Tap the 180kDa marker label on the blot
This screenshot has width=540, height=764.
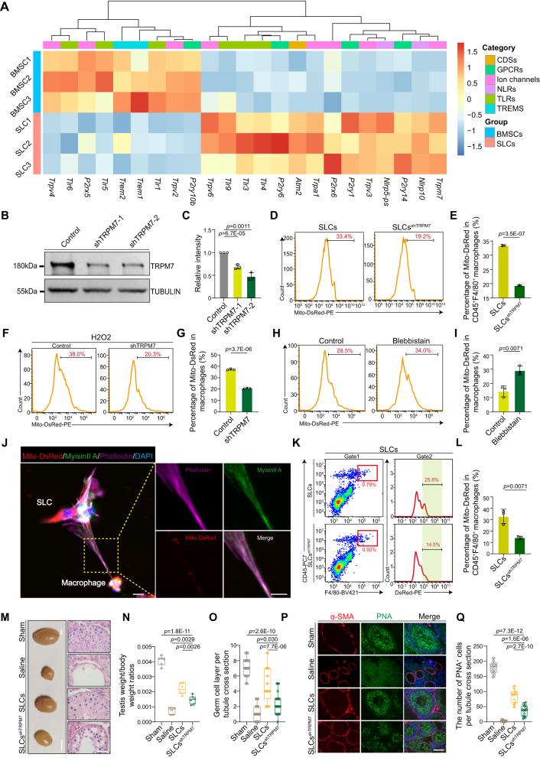(x=29, y=266)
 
